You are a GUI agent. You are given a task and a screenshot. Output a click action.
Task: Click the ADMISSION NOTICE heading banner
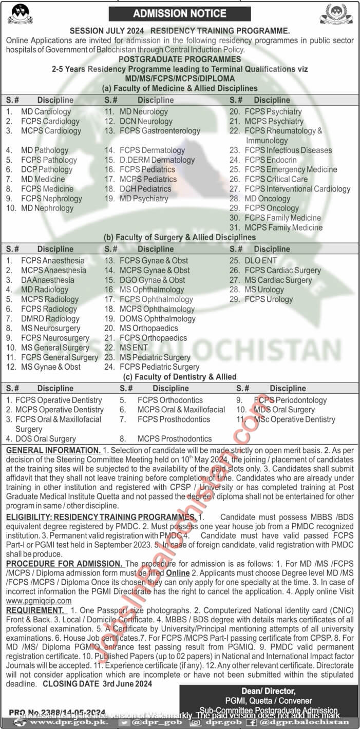pos(180,14)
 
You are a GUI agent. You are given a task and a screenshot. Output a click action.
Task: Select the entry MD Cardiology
pos(46,111)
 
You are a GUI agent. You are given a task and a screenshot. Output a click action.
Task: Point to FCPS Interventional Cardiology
pos(297,189)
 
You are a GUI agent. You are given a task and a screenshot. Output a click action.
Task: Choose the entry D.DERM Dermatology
pos(157,160)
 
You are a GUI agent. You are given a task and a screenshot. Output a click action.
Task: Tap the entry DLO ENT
pos(260,260)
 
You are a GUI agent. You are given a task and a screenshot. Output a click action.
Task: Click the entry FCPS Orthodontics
pos(170,400)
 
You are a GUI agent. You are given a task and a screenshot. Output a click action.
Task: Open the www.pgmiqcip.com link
pos(39,601)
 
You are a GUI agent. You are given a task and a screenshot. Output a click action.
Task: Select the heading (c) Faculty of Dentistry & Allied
pos(180,377)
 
